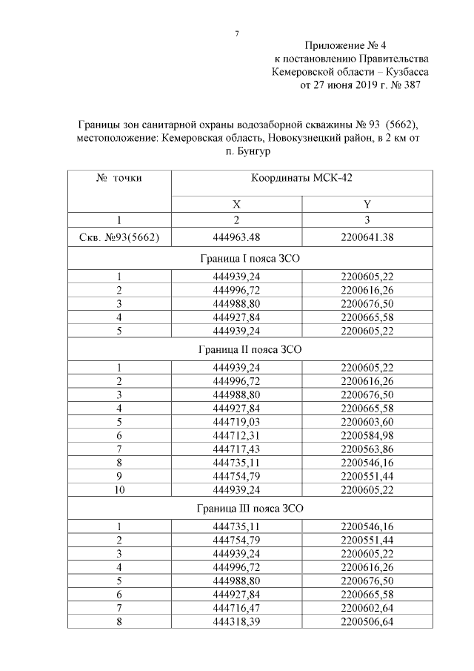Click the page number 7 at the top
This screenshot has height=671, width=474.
pos(237,33)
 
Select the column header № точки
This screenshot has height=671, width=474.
pos(119,178)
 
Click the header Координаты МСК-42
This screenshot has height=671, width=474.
pos(301,178)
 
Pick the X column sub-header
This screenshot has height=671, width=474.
pos(236,204)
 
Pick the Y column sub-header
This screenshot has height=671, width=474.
pos(367,204)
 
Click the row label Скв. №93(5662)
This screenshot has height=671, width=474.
pos(119,237)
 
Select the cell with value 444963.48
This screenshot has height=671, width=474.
pos(236,237)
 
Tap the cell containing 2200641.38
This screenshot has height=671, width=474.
pos(367,237)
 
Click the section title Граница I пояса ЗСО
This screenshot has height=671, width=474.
pos(250,258)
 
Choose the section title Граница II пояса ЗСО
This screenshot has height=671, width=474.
pos(250,348)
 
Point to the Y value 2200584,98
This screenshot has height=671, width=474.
pos(367,434)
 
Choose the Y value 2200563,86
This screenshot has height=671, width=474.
pos(367,447)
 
